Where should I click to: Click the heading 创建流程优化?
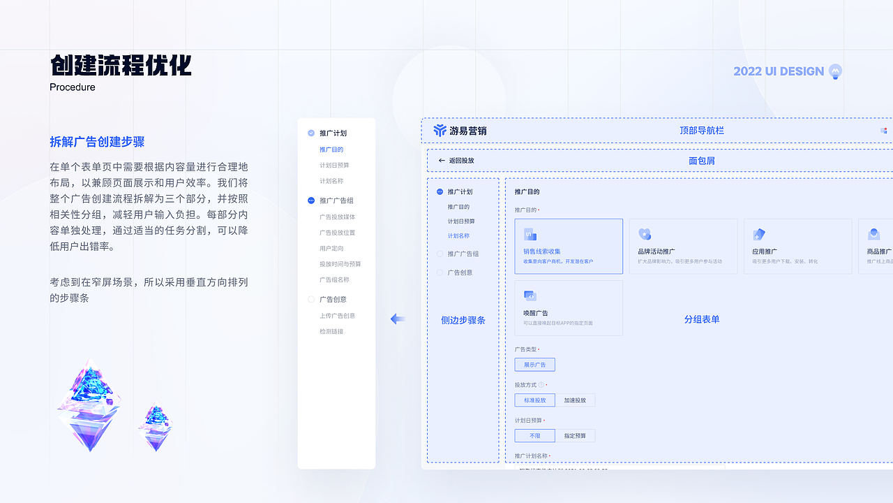coord(121,66)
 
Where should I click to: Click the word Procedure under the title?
coord(73,87)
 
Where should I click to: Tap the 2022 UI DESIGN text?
coord(779,71)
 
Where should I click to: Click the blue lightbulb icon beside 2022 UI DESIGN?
coord(835,71)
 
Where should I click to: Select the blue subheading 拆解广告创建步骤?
coord(97,142)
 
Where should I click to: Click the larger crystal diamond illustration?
coord(89,405)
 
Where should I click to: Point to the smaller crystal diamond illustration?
coord(154,426)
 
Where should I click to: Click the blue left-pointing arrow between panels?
coord(398,319)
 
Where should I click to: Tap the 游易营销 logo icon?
coord(440,131)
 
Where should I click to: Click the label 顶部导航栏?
coord(702,131)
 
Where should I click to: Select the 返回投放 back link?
coord(456,161)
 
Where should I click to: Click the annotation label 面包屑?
coord(702,161)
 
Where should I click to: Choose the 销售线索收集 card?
coord(569,246)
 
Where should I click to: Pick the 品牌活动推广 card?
coord(683,246)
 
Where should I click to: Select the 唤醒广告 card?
coord(569,308)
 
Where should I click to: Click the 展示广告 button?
coord(535,365)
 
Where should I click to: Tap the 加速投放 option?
coord(575,400)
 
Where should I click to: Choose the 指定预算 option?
coord(575,436)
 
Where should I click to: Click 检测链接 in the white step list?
coord(331,331)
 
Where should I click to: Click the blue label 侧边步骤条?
coord(463,320)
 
